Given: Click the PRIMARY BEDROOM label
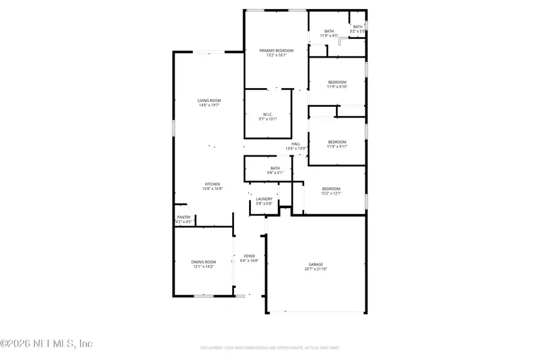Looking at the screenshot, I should click(277, 51).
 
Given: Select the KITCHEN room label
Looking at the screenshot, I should click(212, 184).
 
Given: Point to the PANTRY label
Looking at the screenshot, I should click(184, 217).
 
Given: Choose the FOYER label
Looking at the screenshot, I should click(249, 256).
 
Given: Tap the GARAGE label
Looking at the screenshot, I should click(316, 264).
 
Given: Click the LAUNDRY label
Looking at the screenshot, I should click(264, 199).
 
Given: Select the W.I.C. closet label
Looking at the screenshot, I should click(268, 114).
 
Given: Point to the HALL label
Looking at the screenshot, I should click(296, 143).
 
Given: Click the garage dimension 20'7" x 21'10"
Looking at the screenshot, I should click(316, 269).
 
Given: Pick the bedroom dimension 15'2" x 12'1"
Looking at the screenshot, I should click(330, 193).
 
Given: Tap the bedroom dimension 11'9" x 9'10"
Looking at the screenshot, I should click(337, 87).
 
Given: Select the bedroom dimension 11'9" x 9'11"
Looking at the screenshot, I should click(337, 146).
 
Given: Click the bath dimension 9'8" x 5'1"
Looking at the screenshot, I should click(275, 173).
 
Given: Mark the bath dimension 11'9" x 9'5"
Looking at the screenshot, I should click(329, 36).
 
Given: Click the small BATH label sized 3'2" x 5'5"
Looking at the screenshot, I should click(358, 26).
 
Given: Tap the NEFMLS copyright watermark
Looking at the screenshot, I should click(46, 344).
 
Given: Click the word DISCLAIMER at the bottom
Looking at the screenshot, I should click(211, 347).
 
